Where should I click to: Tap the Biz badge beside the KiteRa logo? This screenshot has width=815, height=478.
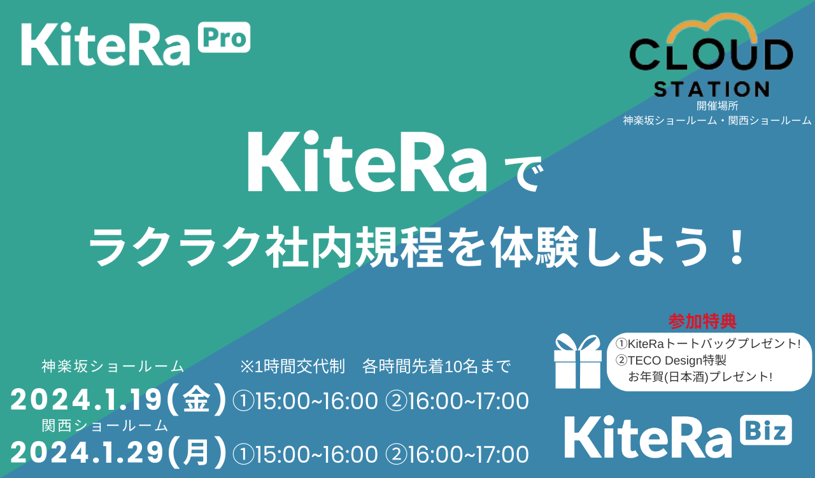[766, 430]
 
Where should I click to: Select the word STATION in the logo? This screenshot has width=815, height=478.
[712, 89]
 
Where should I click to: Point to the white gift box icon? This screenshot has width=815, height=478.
[578, 361]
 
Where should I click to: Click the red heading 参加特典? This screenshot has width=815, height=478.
[702, 321]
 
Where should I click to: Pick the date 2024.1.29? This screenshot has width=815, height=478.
[87, 453]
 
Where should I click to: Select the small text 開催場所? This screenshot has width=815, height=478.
[717, 106]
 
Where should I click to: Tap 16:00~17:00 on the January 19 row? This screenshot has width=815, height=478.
[468, 402]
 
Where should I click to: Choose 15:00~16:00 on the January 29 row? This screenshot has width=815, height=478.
[315, 454]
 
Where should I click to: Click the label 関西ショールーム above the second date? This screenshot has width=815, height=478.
[105, 425]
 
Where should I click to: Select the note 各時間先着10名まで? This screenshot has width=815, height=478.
[436, 366]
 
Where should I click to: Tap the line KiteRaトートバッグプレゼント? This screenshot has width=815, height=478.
[714, 344]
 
